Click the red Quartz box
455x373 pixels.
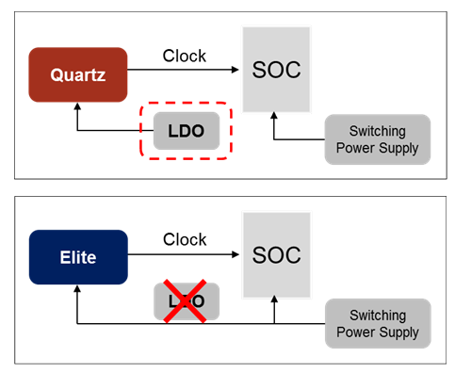click(x=77, y=74)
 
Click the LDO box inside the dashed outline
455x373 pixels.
click(x=186, y=129)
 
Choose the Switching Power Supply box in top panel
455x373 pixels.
click(x=377, y=138)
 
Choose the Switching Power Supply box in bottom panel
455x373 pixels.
click(x=377, y=323)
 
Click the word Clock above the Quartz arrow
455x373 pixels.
click(x=184, y=56)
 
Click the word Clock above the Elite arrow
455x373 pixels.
click(x=184, y=239)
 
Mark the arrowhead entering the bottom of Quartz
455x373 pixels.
click(x=77, y=108)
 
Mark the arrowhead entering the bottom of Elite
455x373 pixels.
click(x=77, y=291)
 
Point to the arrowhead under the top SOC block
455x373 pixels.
click(x=274, y=117)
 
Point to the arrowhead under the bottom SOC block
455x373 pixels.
click(x=274, y=300)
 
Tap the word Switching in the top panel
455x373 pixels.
click(x=377, y=131)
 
